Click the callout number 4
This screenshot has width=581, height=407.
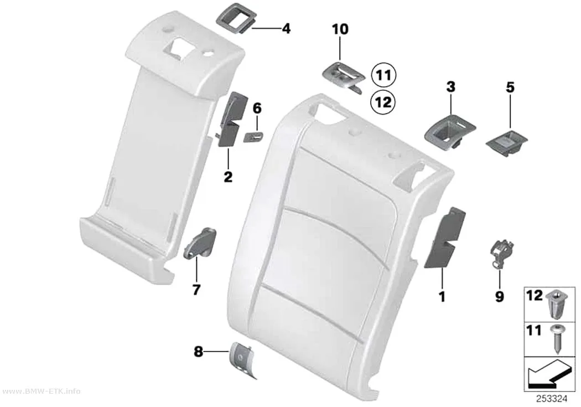pyautogui.click(x=286, y=29)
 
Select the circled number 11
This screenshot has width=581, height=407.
pyautogui.click(x=384, y=75)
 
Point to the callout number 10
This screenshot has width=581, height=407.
pyautogui.click(x=340, y=29)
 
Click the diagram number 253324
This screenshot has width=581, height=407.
pyautogui.click(x=552, y=399)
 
